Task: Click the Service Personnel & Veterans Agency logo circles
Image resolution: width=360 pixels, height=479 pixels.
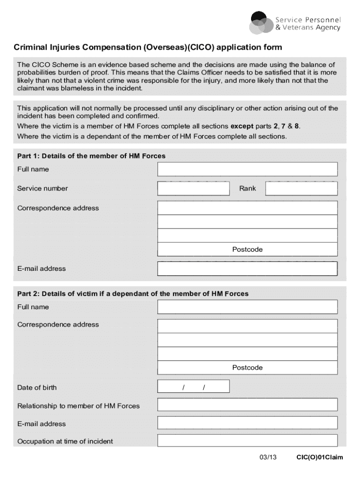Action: [x=260, y=22]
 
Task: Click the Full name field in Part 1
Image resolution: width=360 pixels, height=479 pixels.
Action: [x=247, y=169]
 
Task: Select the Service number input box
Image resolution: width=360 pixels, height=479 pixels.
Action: [x=194, y=189]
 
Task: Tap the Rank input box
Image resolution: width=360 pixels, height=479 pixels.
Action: [x=301, y=189]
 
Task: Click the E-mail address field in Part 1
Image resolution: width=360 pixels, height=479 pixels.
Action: [x=247, y=269]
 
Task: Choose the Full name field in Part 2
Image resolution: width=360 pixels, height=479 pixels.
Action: [x=247, y=307]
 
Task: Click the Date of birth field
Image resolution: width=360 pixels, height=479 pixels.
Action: [x=194, y=386]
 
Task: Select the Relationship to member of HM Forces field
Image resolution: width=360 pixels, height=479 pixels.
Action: [x=247, y=405]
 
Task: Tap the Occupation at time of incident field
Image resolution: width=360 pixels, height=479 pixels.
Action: [x=247, y=441]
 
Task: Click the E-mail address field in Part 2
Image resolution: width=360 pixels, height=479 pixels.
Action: [x=247, y=423]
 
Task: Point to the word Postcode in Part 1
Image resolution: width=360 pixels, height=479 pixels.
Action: [x=247, y=249]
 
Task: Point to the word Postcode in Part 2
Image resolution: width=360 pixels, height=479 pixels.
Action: [x=247, y=368]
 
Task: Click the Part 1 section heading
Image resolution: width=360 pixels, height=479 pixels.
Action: [x=91, y=156]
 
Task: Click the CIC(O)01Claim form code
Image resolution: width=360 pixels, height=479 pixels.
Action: [x=319, y=457]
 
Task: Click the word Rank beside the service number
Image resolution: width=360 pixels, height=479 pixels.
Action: [x=248, y=189]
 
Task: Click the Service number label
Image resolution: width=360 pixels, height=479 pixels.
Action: [x=43, y=189]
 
